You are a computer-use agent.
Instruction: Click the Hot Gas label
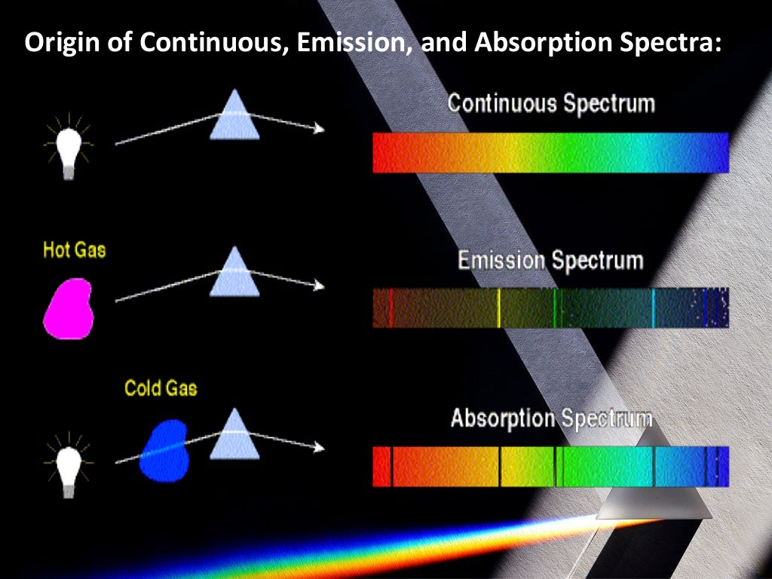[x=75, y=250]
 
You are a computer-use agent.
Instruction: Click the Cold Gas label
[x=160, y=389]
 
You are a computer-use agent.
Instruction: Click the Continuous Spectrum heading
[x=551, y=103]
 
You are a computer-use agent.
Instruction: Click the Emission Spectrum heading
[x=550, y=261]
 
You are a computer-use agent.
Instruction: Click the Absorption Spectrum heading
[x=551, y=418]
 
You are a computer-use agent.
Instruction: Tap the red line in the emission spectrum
[x=391, y=308]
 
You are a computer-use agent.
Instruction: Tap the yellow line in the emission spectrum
[x=499, y=308]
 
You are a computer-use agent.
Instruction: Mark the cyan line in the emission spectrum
[x=653, y=308]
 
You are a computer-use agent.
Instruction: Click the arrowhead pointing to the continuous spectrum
[x=320, y=129]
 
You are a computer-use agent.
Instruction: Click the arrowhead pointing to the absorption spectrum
[x=320, y=447]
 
